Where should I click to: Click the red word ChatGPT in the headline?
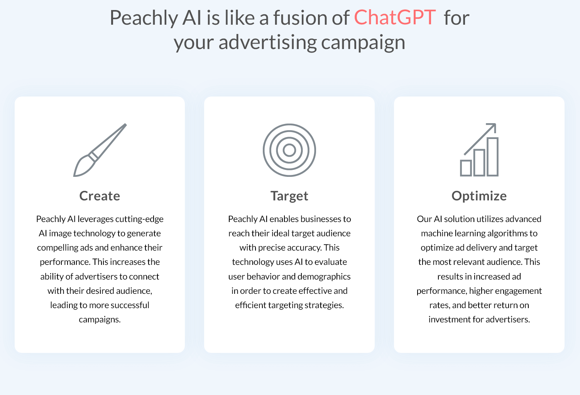(x=395, y=17)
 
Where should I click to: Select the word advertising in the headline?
(x=267, y=42)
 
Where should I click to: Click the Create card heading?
(x=100, y=196)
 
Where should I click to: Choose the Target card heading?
(x=289, y=196)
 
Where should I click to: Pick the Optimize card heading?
(x=479, y=196)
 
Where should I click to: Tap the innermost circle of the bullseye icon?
(x=289, y=150)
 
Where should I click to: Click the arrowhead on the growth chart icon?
(x=492, y=127)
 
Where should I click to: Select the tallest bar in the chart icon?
(x=492, y=157)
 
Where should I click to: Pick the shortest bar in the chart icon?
(x=466, y=168)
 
